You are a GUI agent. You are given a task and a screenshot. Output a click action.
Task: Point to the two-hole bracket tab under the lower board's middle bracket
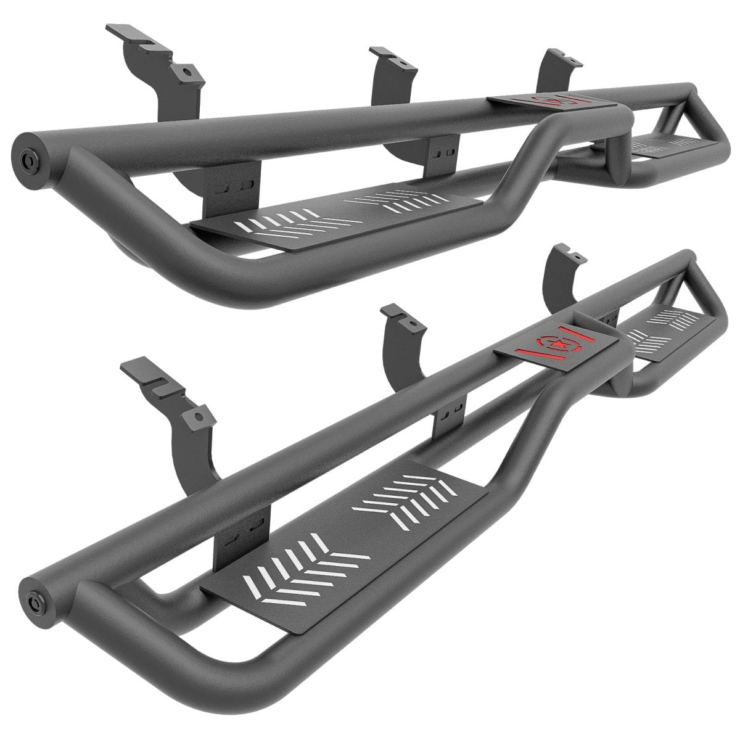[453, 408]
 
